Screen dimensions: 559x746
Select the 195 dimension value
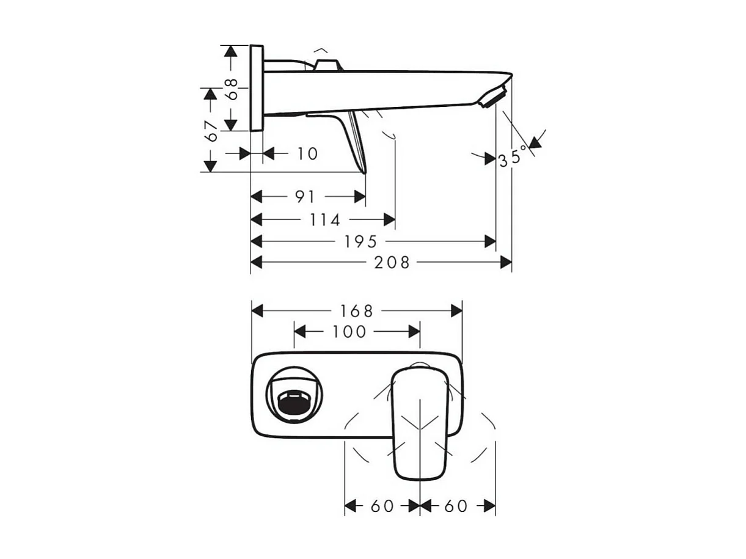[360, 241]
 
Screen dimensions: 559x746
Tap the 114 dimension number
[324, 219]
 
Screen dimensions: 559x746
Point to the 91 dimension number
[305, 197]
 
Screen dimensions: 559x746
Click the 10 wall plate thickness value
[307, 153]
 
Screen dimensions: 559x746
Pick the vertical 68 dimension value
[230, 89]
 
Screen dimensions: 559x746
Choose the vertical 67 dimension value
[211, 131]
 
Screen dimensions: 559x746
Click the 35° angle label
[512, 158]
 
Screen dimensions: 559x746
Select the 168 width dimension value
[356, 311]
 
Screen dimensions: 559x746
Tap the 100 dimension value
[349, 331]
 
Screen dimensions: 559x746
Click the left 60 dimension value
[382, 506]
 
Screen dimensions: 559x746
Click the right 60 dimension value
[456, 506]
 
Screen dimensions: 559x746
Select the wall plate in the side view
[257, 87]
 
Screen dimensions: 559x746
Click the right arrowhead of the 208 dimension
[506, 262]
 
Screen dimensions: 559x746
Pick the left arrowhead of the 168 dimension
[257, 311]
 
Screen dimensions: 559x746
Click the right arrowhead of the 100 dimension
[414, 331]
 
